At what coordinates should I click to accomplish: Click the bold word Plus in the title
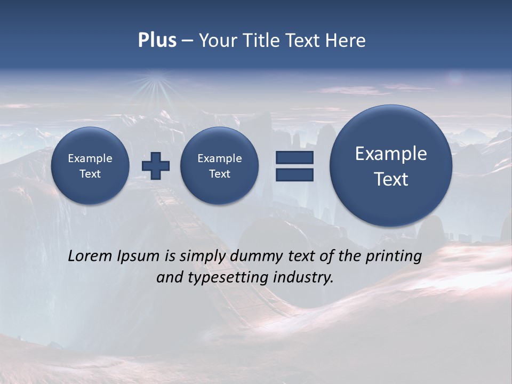click(157, 41)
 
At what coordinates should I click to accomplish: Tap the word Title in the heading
click(262, 41)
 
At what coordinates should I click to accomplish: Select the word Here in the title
click(347, 41)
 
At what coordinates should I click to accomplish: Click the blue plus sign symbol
click(156, 166)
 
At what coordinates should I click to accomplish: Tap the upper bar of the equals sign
click(294, 158)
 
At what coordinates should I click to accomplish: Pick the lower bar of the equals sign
click(294, 174)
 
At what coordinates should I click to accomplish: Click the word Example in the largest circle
click(391, 154)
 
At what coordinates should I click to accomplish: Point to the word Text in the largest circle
click(391, 179)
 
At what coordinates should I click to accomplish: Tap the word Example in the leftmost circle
click(90, 158)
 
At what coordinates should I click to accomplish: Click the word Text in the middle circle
click(219, 174)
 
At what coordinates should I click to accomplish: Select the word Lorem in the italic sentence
click(90, 256)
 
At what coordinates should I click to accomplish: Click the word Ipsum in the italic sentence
click(138, 256)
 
